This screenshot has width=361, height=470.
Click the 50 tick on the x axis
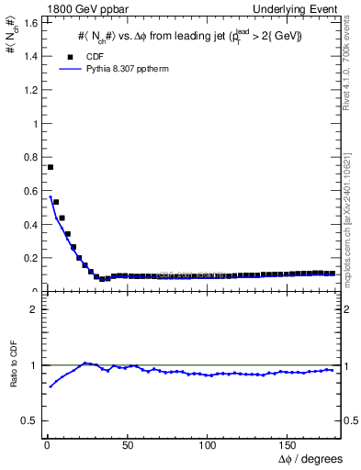point(128,446)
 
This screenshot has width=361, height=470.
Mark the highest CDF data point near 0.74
point(51,167)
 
